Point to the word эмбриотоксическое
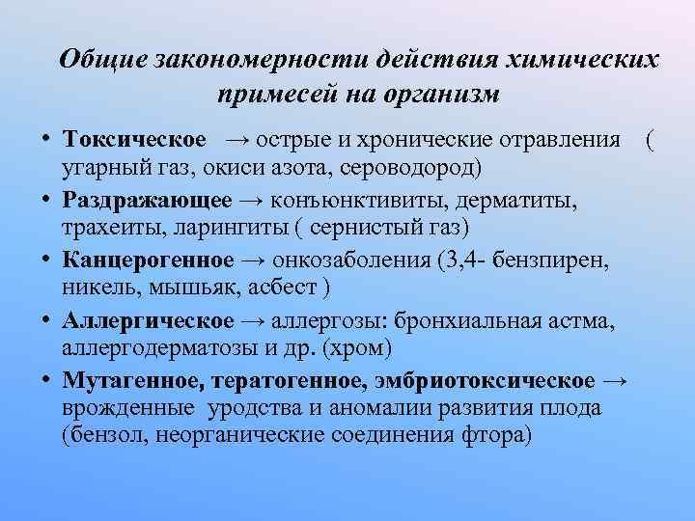[497, 380]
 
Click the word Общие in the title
[100, 60]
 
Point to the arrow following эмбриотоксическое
[621, 380]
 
